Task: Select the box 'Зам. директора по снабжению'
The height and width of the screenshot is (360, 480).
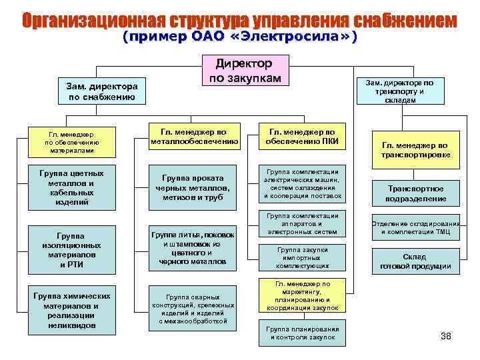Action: (x=101, y=91)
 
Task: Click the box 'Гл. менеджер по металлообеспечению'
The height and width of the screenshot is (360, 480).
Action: (x=194, y=136)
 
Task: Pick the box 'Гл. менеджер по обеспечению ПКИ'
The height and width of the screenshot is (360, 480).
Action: (x=302, y=136)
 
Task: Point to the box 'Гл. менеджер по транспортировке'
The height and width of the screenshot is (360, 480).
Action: (x=415, y=149)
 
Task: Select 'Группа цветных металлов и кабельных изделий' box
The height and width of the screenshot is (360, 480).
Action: (x=71, y=187)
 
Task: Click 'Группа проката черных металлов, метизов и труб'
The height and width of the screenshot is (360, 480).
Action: (x=193, y=187)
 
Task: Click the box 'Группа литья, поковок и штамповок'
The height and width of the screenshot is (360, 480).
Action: (x=193, y=249)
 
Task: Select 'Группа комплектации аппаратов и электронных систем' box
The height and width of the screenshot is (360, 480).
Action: (x=302, y=224)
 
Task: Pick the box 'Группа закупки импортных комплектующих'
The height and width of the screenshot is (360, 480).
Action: (x=302, y=257)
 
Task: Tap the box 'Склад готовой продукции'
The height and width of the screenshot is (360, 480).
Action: (x=415, y=261)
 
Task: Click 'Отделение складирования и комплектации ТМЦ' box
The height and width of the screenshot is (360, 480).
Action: (x=415, y=227)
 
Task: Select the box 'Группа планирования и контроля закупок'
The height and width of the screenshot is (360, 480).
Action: (x=302, y=333)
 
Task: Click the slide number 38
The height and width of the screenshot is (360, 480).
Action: (x=446, y=336)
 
